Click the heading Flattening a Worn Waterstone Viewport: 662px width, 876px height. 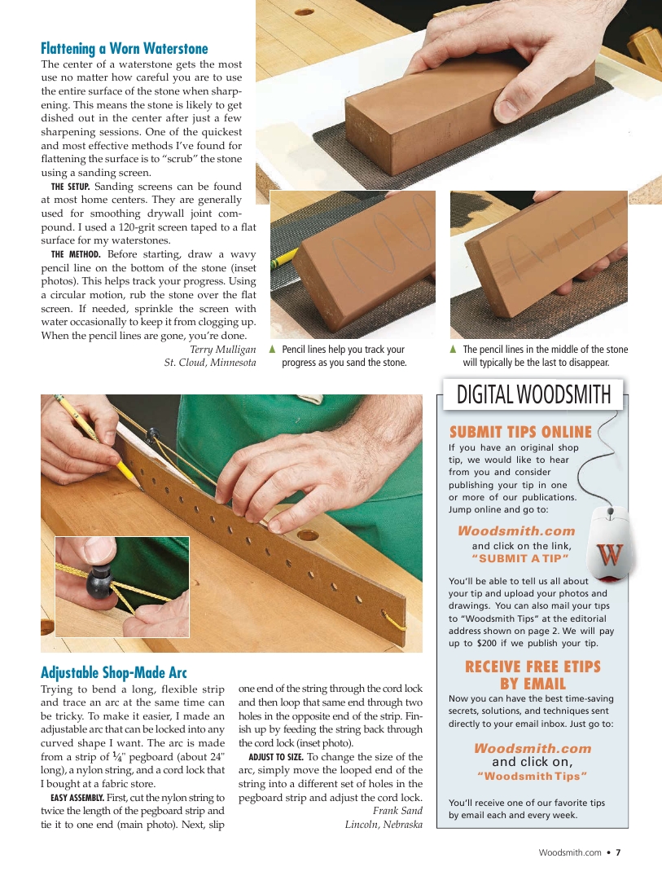pos(125,48)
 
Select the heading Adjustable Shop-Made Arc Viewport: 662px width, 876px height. pos(114,672)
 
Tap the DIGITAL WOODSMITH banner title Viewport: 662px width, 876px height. pos(533,395)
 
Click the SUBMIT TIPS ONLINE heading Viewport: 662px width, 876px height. pos(520,432)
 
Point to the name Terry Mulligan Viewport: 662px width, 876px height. pos(223,349)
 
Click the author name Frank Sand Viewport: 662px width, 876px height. pos(397,811)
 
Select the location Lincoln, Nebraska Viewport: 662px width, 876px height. pos(384,824)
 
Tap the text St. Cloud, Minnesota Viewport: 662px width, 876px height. pos(210,363)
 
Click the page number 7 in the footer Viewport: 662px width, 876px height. pos(618,852)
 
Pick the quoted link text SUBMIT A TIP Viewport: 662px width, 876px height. pos(520,558)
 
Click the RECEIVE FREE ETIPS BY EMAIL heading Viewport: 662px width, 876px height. pos(533,675)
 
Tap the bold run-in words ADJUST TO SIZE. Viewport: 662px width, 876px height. pos(275,757)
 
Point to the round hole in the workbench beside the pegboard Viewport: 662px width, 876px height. pos(308,536)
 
